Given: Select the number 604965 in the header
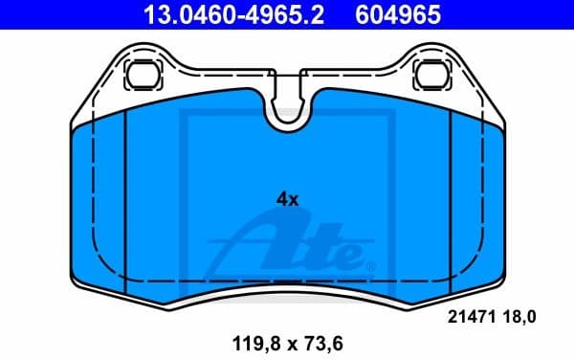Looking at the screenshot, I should [401, 14].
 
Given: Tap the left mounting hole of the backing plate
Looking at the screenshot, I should [143, 73].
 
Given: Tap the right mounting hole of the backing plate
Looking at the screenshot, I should [432, 73].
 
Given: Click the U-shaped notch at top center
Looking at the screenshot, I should [288, 114].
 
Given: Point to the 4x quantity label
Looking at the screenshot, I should [287, 199].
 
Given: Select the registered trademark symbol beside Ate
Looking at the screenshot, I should [371, 263].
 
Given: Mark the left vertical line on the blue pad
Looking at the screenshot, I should [126, 201].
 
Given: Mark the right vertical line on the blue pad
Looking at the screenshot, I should [449, 201].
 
